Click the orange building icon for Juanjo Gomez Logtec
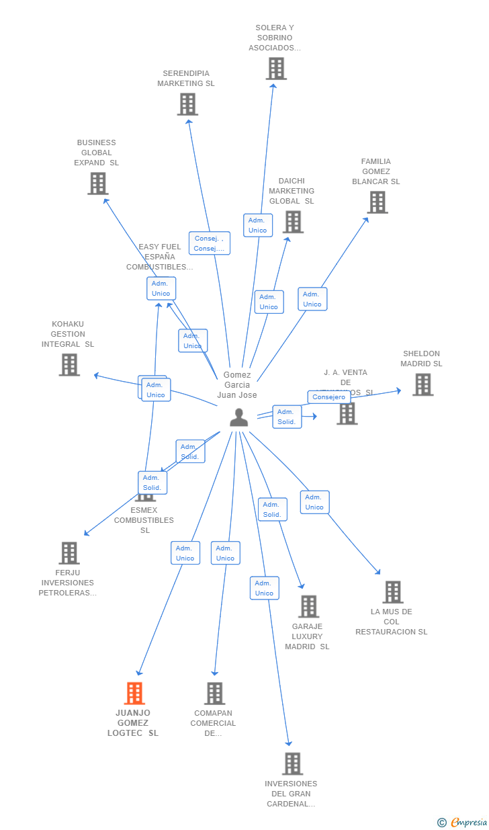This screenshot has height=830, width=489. (x=134, y=693)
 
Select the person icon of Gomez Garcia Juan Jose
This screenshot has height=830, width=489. (x=238, y=418)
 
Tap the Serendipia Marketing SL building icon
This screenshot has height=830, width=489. (x=187, y=104)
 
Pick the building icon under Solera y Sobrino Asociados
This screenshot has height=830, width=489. (x=276, y=69)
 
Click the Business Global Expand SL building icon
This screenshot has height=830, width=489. (x=98, y=183)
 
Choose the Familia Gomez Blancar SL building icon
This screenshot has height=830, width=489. (x=377, y=202)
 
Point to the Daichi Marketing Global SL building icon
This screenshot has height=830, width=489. (x=293, y=222)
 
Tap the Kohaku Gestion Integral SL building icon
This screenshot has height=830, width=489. (x=69, y=364)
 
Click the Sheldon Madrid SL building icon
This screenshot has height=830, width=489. (x=423, y=384)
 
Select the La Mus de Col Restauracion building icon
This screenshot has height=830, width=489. (x=393, y=592)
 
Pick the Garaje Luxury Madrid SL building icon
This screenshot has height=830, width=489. (x=308, y=606)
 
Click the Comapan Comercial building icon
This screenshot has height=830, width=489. (x=214, y=693)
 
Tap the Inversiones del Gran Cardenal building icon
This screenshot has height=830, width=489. (x=292, y=763)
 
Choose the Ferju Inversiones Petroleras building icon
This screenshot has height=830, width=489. (x=69, y=553)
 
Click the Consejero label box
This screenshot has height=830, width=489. (x=329, y=397)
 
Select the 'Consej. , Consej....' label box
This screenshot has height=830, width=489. (x=210, y=243)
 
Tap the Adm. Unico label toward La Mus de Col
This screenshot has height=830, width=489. (x=314, y=502)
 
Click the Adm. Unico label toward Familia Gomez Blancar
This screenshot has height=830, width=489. (x=312, y=299)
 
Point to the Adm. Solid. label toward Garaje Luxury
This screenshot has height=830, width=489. (x=272, y=509)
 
